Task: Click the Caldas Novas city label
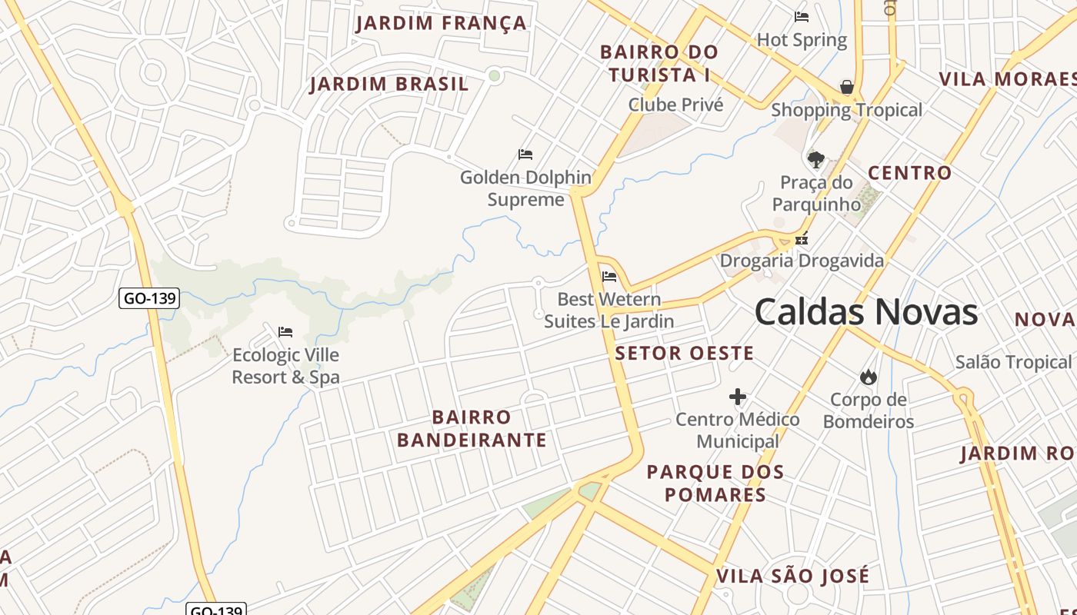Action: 865,312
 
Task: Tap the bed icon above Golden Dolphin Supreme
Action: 525,155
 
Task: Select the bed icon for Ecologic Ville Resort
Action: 285,332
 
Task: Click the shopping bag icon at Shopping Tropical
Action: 846,87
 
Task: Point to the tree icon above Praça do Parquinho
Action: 815,160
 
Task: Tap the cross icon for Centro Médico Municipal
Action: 737,397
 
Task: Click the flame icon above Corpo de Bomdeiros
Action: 868,377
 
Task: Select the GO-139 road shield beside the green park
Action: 149,298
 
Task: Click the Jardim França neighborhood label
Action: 441,23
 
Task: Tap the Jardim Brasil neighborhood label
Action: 389,84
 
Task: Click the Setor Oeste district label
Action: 684,353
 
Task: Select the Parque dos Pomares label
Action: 715,483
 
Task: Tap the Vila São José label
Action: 792,576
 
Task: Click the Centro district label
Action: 909,173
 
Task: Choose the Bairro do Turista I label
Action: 659,63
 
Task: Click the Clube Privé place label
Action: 675,105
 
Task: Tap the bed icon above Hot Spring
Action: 802,17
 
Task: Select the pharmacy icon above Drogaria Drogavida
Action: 802,239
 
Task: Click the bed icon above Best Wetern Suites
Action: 609,277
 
